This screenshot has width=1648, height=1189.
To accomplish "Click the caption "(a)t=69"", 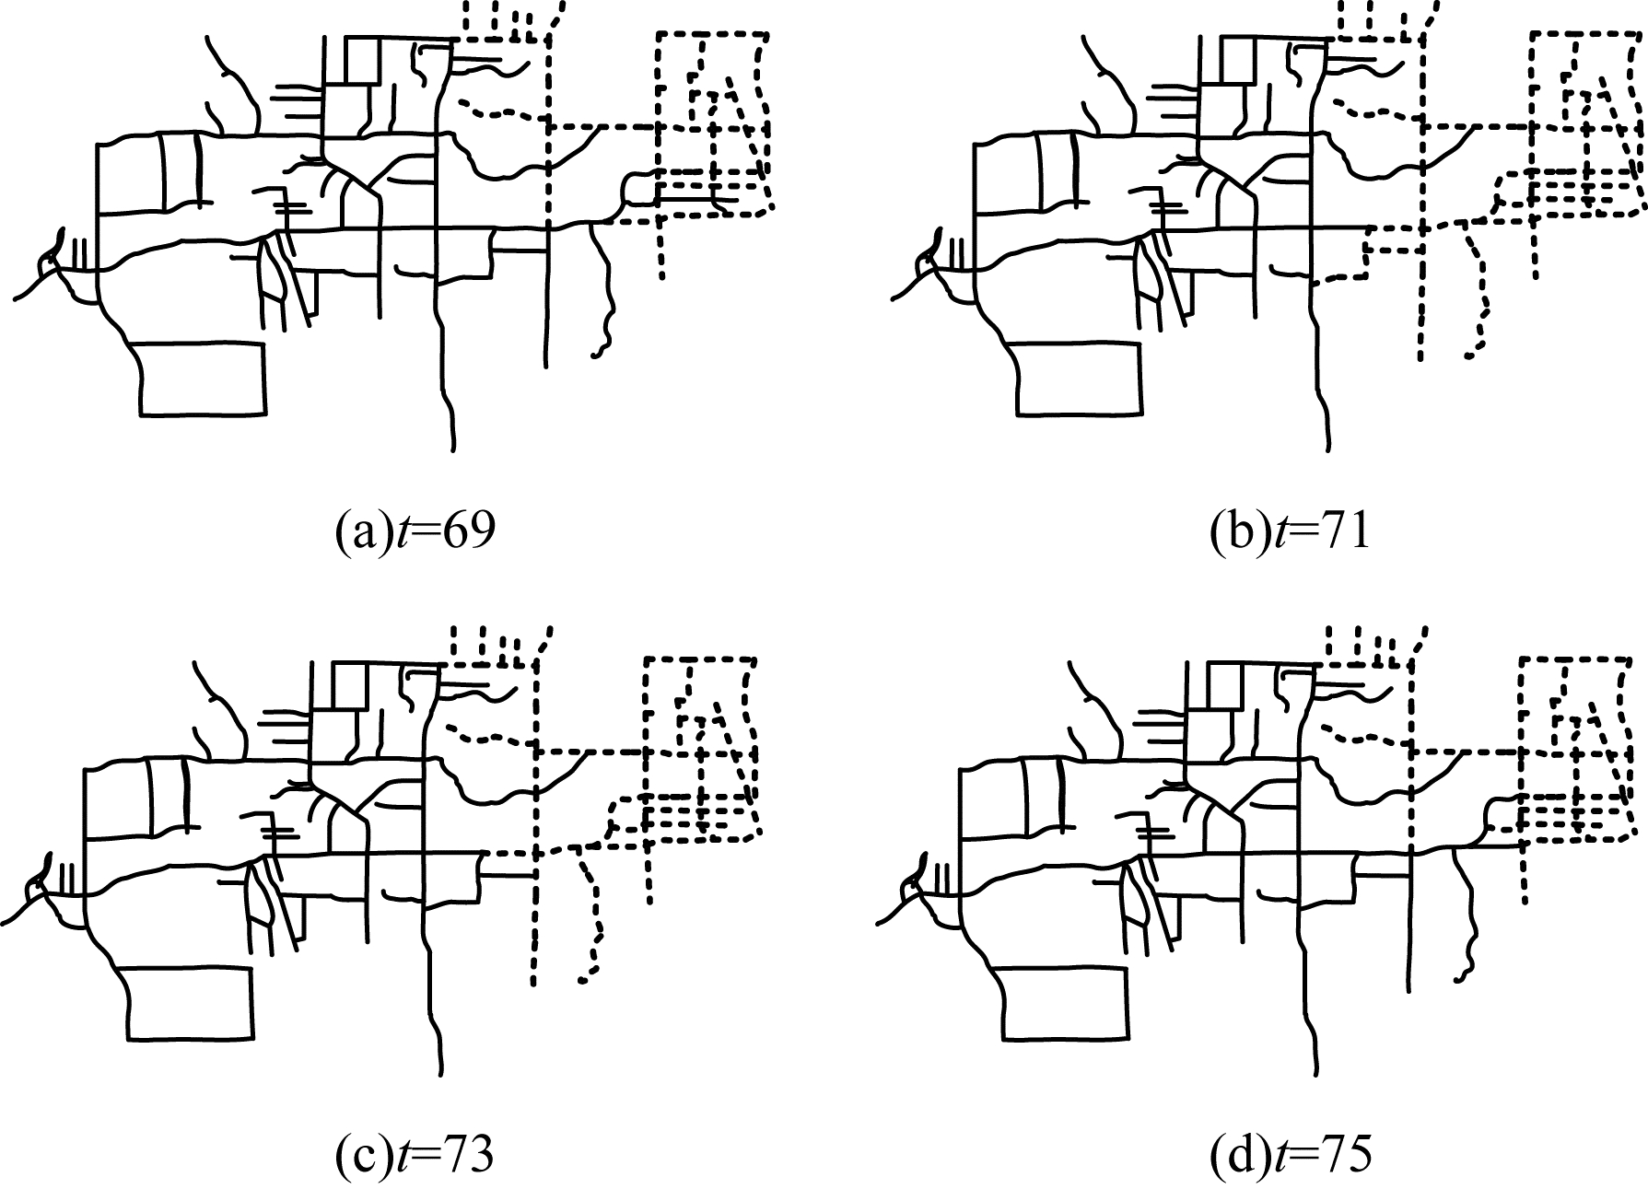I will [x=414, y=533].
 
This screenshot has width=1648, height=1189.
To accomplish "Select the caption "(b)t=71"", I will [x=1290, y=533].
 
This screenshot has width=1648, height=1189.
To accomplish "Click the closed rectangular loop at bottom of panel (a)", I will [x=203, y=379].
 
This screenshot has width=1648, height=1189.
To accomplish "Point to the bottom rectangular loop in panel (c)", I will [x=189, y=1003].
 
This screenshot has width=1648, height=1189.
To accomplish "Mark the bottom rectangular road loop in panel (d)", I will [x=1065, y=1003].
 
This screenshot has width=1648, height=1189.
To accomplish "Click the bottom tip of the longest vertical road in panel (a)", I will [x=452, y=449].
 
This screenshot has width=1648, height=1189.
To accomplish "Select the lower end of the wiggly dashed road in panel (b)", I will [x=1467, y=356].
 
